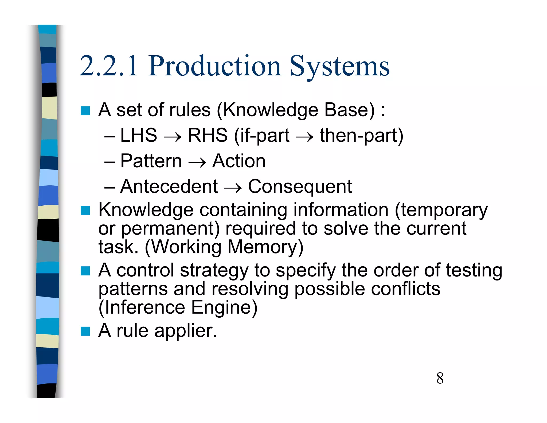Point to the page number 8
440,378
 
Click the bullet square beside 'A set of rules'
85,110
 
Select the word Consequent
300,187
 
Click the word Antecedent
169,187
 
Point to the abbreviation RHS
208,135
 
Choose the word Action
239,161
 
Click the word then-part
361,136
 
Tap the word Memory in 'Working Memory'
265,247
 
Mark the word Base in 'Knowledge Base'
349,110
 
